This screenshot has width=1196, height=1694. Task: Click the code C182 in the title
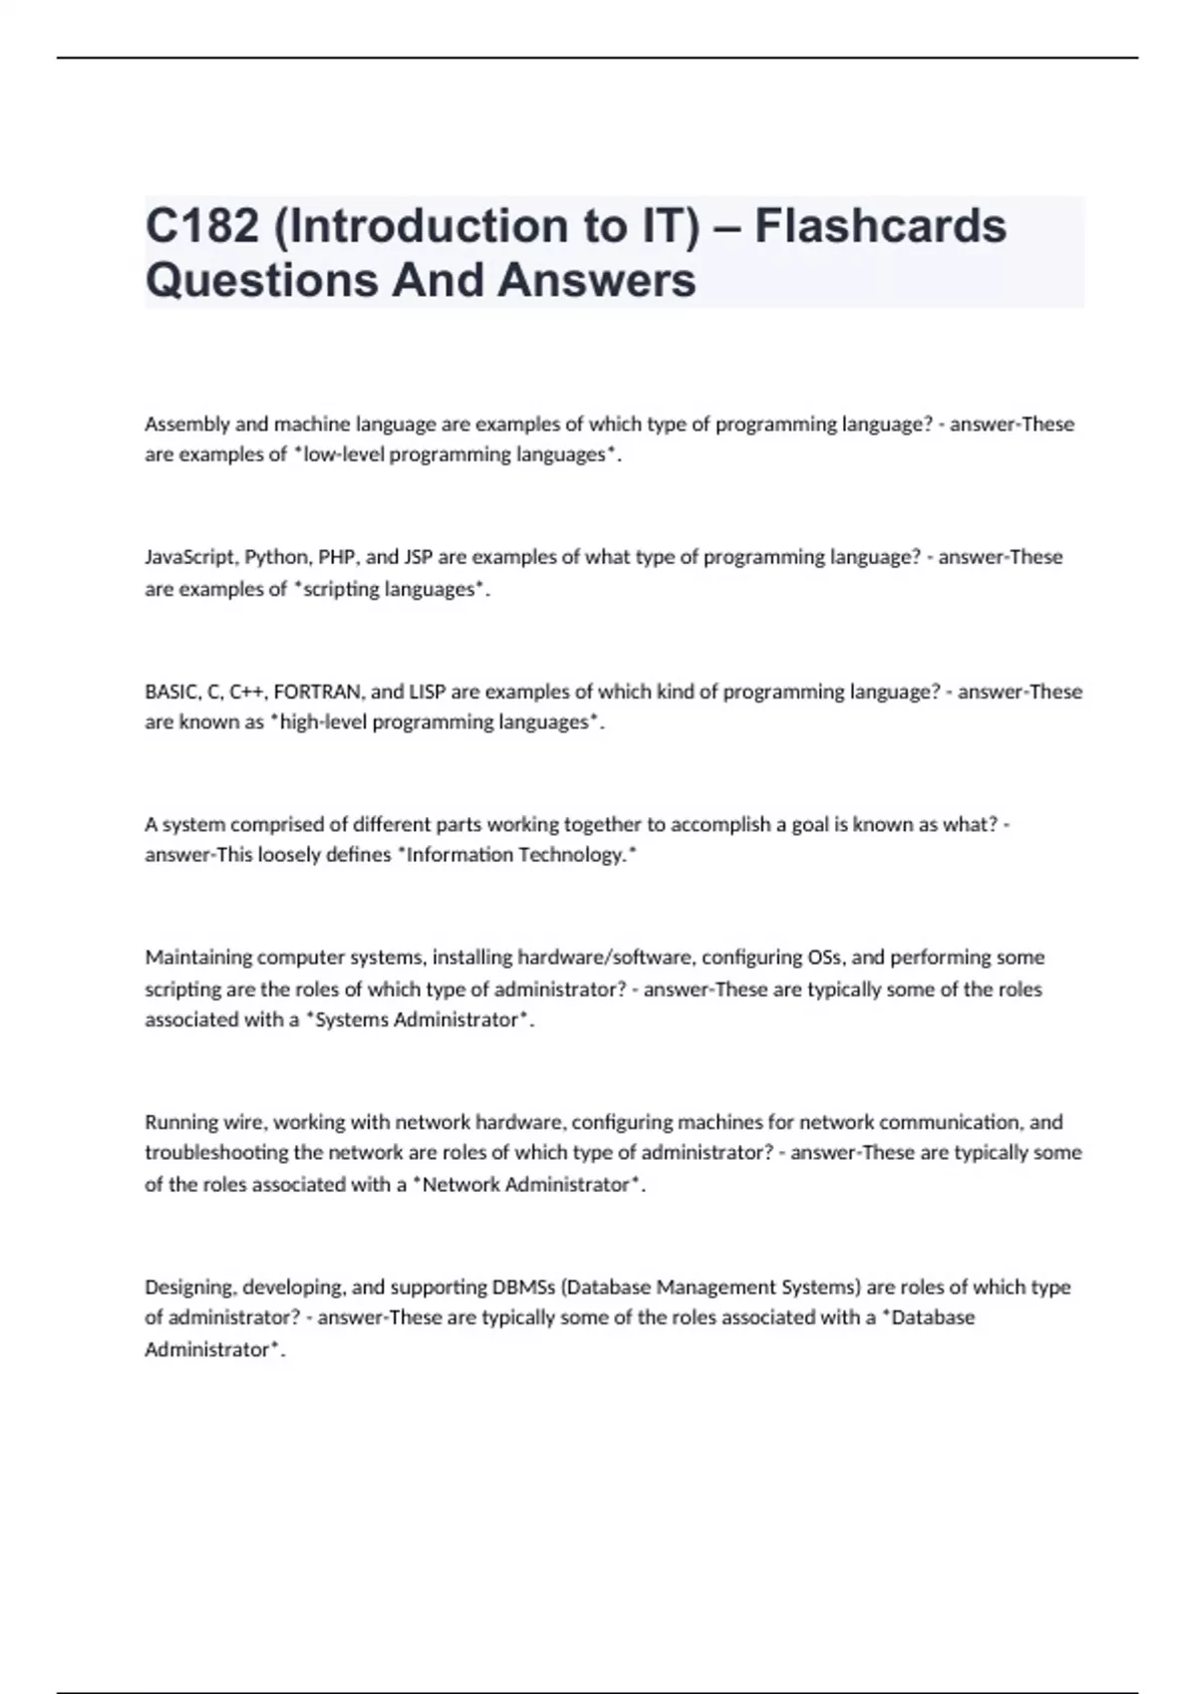[x=202, y=226]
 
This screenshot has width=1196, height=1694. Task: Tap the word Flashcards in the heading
[x=880, y=226]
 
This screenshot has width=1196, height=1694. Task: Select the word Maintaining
[x=198, y=958]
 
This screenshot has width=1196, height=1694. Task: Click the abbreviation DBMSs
[x=524, y=1287]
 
